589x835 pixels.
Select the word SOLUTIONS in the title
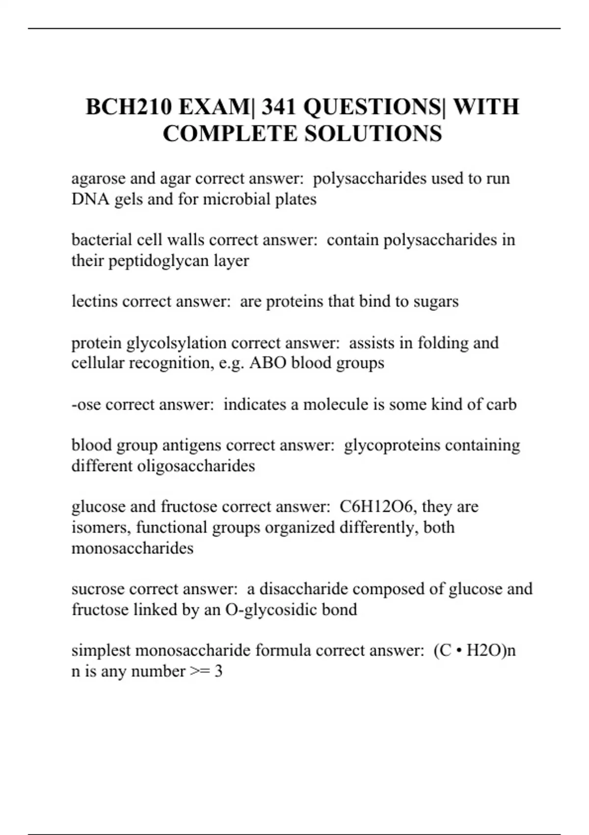[374, 134]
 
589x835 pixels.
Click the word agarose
[98, 179]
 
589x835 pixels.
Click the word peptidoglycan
[159, 261]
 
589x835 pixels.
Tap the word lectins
[94, 301]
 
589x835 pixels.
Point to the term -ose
[86, 404]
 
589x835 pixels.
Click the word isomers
[101, 528]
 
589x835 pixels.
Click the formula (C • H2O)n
[475, 650]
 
